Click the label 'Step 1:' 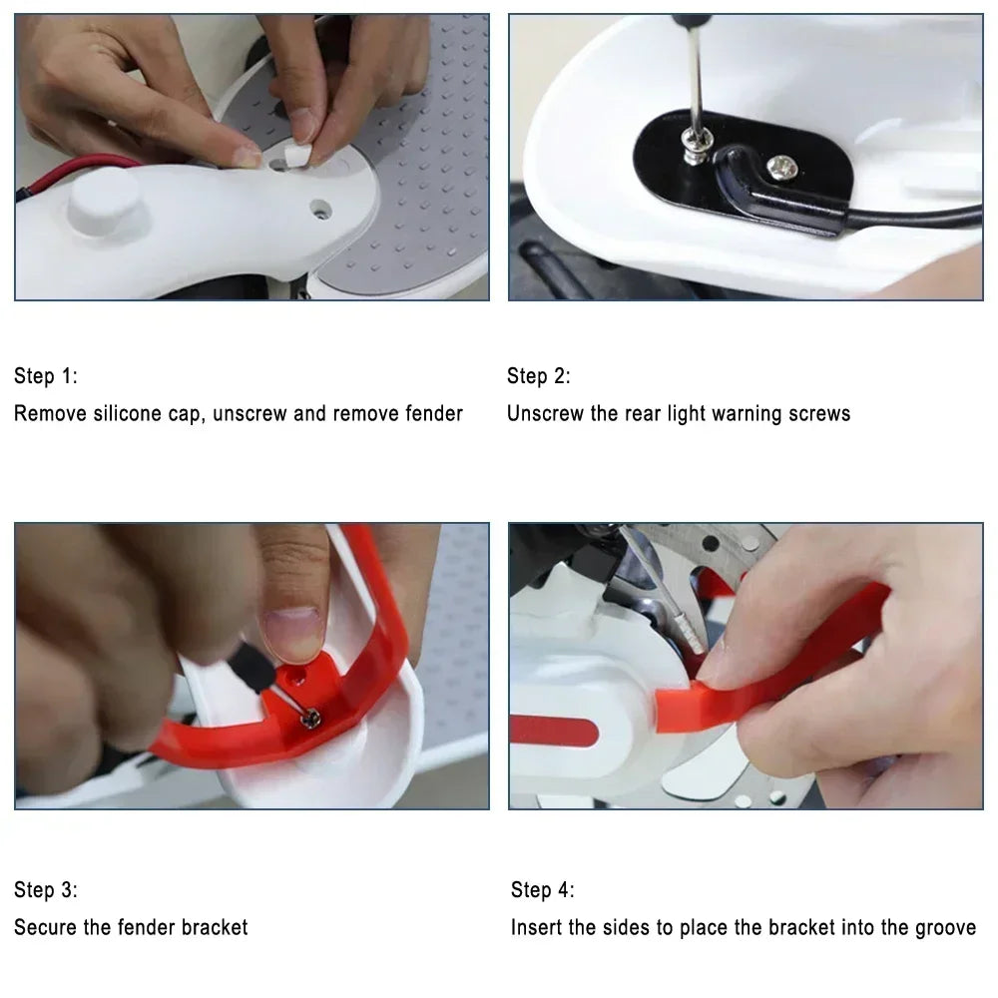pos(45,376)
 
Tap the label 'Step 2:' pos(539,376)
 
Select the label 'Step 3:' pos(45,890)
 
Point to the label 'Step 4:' pos(543,890)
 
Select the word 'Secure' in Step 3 pos(46,927)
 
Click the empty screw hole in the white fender pos(320,210)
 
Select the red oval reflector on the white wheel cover pos(554,731)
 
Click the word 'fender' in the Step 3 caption pos(149,927)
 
